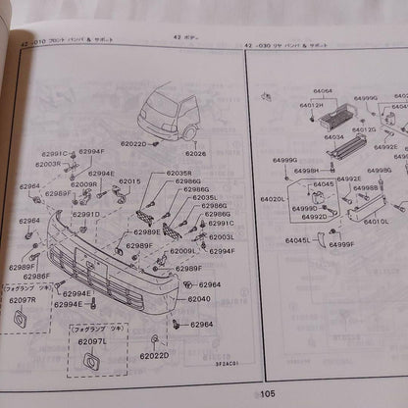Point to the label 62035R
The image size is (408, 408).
click(178, 174)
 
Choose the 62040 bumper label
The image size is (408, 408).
click(199, 298)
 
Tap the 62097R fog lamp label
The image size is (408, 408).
click(22, 299)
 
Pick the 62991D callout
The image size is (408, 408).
click(85, 214)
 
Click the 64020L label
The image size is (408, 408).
click(273, 199)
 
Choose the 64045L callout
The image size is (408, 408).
click(297, 239)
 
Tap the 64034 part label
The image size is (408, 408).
click(334, 138)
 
